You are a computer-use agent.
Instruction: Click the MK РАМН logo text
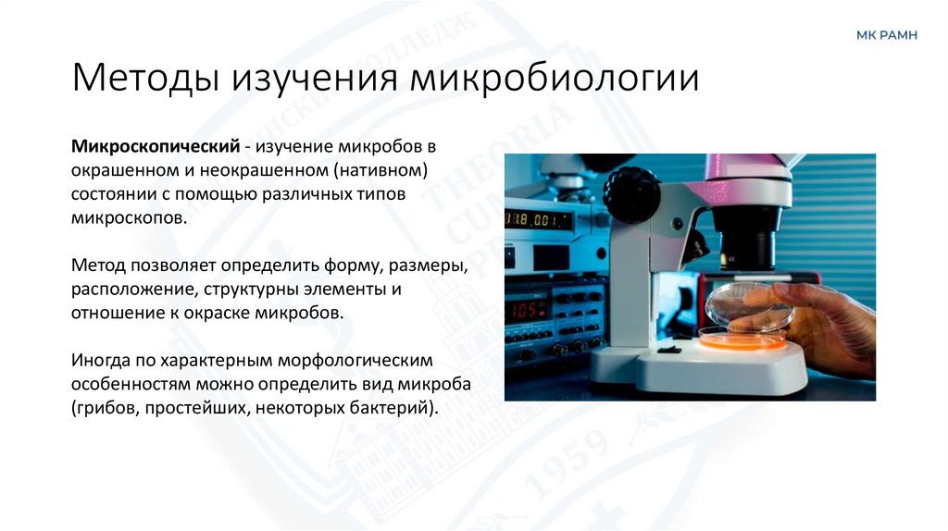click(887, 35)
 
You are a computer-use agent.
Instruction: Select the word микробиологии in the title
click(555, 79)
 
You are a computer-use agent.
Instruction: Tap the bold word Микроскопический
click(150, 148)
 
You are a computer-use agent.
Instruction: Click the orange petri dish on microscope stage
click(742, 340)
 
